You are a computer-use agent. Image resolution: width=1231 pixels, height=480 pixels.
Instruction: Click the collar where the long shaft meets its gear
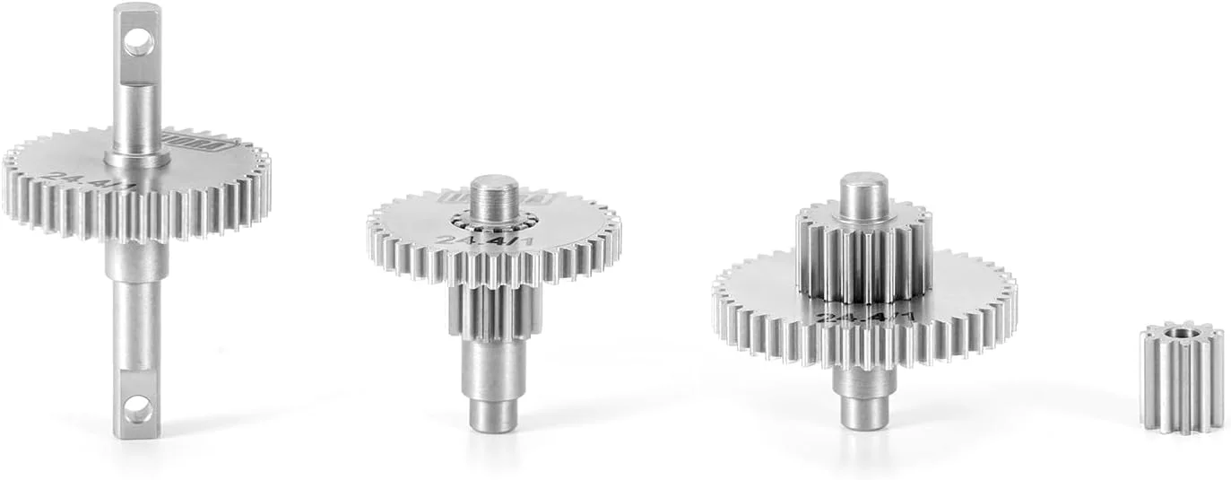(x=137, y=160)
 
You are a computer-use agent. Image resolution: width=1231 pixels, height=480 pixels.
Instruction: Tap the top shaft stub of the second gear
(x=494, y=196)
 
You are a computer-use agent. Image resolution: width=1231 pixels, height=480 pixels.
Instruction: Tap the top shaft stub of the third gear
(x=864, y=195)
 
